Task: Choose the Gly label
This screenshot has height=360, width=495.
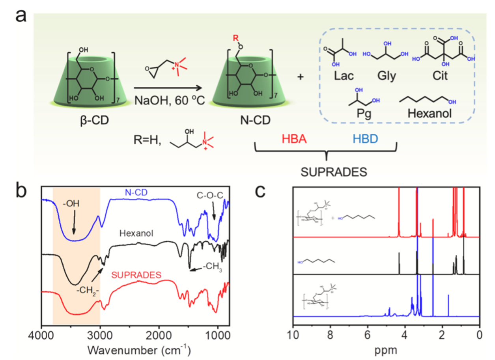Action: pyautogui.click(x=386, y=75)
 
